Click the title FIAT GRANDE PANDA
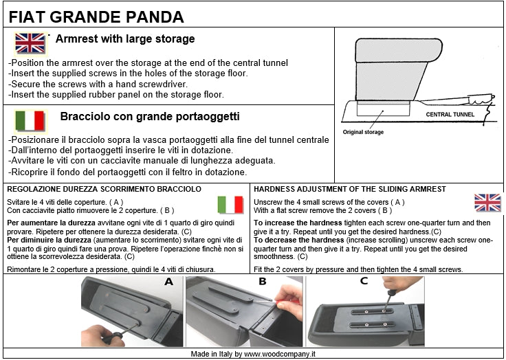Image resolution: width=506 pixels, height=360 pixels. (96, 16)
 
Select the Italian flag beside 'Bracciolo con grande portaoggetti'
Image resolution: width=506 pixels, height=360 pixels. (30, 121)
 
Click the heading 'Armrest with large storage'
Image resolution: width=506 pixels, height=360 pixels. (124, 39)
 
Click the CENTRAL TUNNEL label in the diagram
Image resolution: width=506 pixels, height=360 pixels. (452, 114)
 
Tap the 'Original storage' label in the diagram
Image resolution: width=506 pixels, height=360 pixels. (363, 132)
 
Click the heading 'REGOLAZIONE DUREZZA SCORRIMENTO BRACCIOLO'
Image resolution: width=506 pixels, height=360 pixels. (103, 189)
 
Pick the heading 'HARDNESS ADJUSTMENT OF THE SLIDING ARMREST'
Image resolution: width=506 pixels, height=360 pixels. (350, 189)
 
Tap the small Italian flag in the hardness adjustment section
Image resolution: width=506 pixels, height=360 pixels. (230, 205)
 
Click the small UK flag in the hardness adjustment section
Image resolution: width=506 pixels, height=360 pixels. (487, 203)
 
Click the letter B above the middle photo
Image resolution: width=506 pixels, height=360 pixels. (262, 282)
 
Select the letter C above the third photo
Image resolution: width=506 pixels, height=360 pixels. (364, 282)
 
